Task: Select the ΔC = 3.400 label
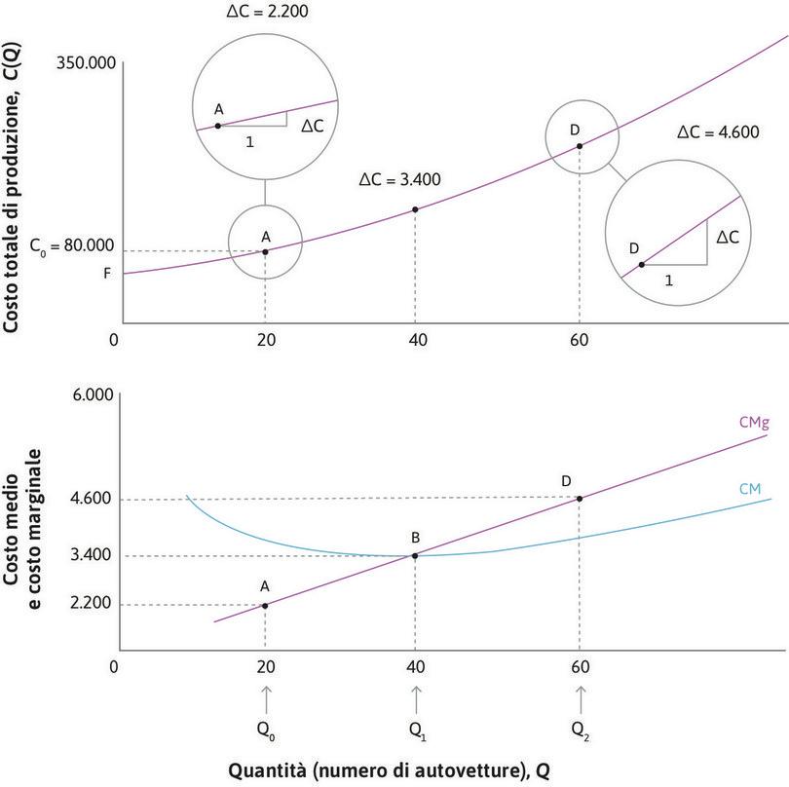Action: [x=399, y=180]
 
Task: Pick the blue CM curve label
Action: [x=751, y=487]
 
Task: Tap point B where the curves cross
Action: [x=416, y=555]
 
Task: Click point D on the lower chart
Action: [x=581, y=499]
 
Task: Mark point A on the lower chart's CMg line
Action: [x=265, y=605]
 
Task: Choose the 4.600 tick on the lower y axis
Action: [x=90, y=500]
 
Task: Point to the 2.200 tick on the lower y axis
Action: [x=90, y=605]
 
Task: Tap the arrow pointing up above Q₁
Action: [x=416, y=697]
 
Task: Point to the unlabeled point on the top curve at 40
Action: [x=416, y=209]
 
